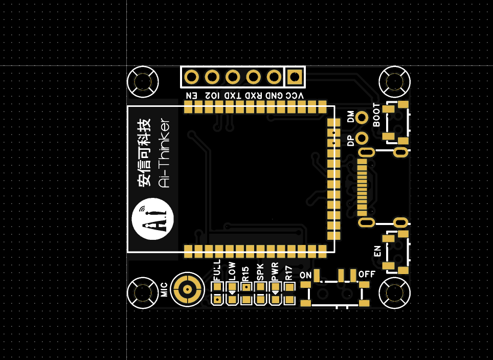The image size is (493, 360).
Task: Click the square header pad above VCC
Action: click(x=295, y=77)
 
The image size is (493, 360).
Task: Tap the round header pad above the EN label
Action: click(x=191, y=77)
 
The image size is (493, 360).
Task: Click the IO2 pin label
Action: click(x=212, y=96)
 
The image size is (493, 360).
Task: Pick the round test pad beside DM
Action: click(x=363, y=117)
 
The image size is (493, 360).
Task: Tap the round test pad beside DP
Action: click(x=363, y=138)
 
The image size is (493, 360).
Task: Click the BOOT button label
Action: click(x=376, y=115)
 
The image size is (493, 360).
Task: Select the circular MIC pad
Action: click(x=187, y=289)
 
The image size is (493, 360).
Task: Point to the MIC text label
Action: click(x=165, y=289)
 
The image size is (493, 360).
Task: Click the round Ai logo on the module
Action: click(x=153, y=219)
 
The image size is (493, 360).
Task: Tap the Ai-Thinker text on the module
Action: click(x=165, y=153)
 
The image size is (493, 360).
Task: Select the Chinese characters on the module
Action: click(x=145, y=152)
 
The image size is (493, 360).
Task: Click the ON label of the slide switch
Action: click(x=306, y=276)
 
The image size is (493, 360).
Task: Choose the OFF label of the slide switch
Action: click(x=367, y=274)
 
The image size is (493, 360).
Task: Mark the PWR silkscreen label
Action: click(x=275, y=272)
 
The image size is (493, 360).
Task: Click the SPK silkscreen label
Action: click(x=260, y=273)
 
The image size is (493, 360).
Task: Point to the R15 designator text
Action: click(x=245, y=273)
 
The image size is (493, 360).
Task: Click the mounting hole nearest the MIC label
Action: click(x=143, y=292)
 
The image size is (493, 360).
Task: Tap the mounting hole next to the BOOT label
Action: click(x=395, y=81)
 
